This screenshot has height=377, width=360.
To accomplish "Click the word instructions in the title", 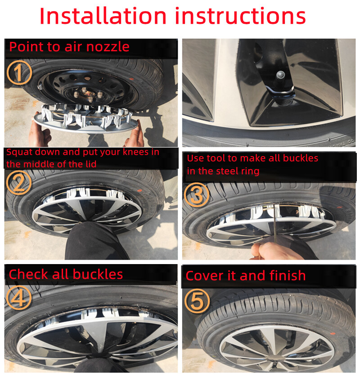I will [x=241, y=16].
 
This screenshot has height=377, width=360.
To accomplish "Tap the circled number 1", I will [x=19, y=73].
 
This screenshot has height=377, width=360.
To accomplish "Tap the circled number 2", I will [x=19, y=184].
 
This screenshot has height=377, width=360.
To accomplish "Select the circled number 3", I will [x=197, y=194].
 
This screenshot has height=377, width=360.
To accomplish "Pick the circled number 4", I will [x=19, y=298].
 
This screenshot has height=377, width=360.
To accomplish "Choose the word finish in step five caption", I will [x=287, y=275].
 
